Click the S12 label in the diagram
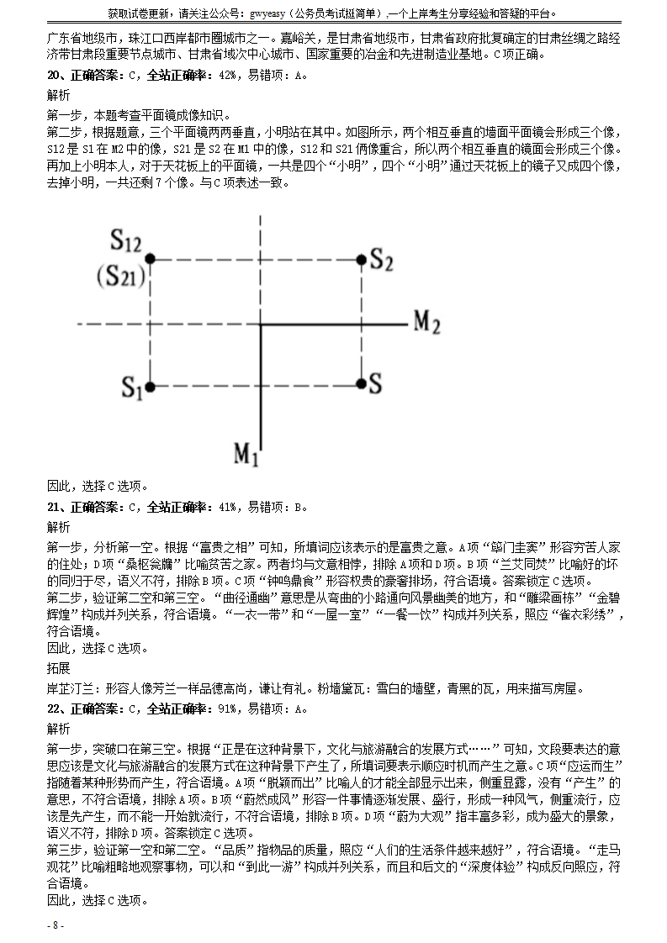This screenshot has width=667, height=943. (125, 242)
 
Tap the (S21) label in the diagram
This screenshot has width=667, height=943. (120, 276)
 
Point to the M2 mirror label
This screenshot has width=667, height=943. (427, 322)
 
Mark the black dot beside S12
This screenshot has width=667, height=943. (151, 259)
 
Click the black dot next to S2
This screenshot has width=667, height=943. (360, 259)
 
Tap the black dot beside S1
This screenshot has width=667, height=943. (151, 387)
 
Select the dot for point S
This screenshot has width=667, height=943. (360, 384)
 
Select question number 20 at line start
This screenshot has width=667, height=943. (52, 75)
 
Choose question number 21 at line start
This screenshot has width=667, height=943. (52, 507)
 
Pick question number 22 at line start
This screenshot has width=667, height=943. (52, 709)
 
